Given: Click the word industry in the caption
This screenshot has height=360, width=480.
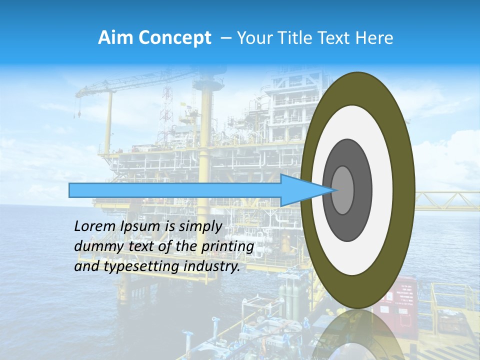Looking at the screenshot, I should [x=212, y=266].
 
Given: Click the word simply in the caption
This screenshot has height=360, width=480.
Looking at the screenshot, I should [x=200, y=226].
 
